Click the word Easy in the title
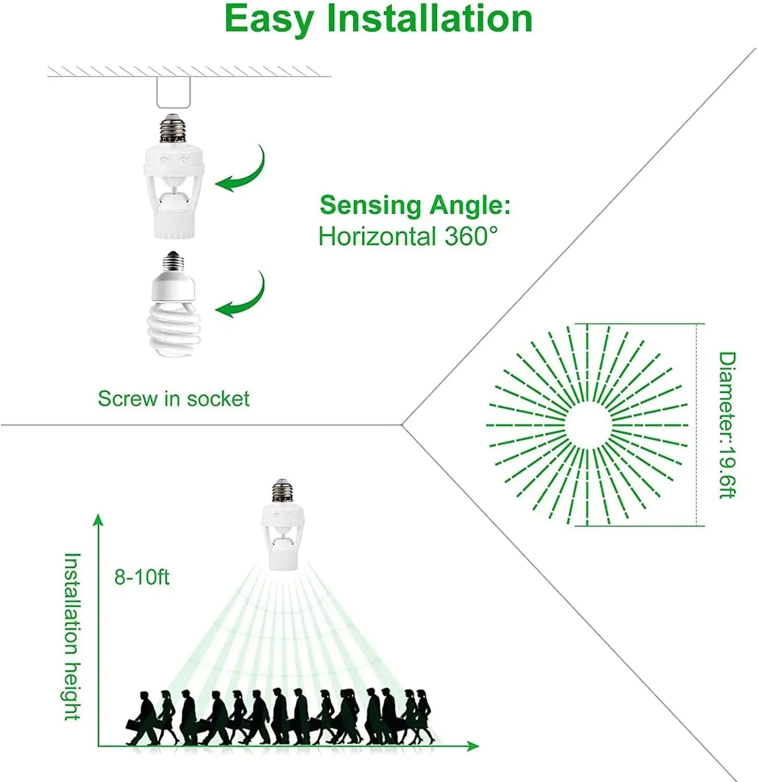click(x=269, y=20)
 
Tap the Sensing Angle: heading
click(x=415, y=205)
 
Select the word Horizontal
click(x=377, y=236)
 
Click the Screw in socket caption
click(x=174, y=398)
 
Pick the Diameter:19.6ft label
click(x=727, y=425)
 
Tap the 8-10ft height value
click(x=142, y=577)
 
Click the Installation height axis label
click(x=72, y=637)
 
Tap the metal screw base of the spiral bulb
click(x=174, y=262)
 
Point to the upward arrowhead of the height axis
click(x=98, y=520)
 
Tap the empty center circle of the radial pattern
click(x=587, y=425)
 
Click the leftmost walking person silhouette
click(x=142, y=718)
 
